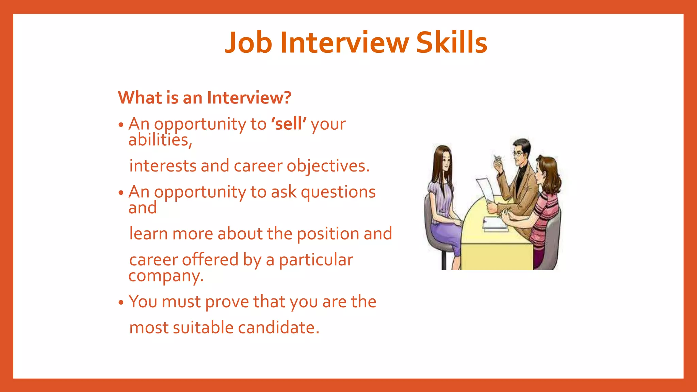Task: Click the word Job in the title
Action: pos(249,43)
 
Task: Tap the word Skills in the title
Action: pos(452,43)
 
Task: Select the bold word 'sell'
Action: pos(289,124)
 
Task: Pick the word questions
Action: pos(338,192)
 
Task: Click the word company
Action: pos(165,276)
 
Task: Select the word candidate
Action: pos(278,328)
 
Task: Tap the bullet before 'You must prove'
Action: pos(121,303)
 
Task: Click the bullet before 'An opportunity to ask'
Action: pos(121,193)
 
